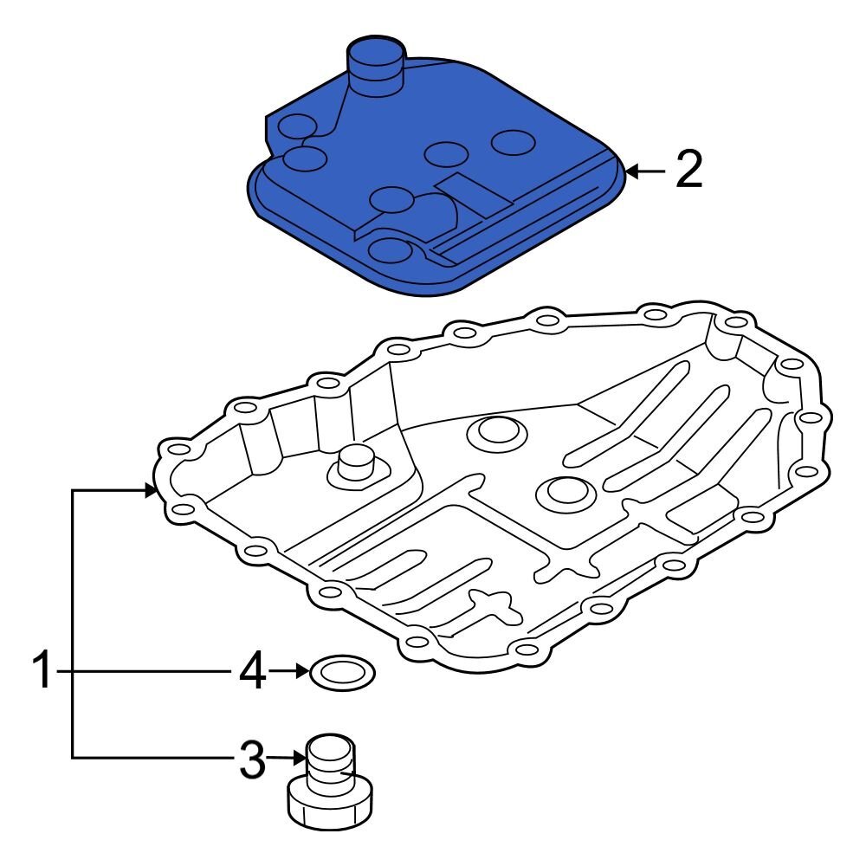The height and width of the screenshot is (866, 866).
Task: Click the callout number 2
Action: click(x=688, y=171)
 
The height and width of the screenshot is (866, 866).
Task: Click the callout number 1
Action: click(x=43, y=672)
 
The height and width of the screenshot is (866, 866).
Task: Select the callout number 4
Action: click(x=252, y=672)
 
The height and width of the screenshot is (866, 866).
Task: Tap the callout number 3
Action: click(x=251, y=760)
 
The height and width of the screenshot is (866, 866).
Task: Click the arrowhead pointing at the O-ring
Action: click(x=302, y=671)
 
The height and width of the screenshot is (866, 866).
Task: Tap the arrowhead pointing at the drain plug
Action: click(x=301, y=759)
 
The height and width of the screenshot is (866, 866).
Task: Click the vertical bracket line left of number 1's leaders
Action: click(x=72, y=624)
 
